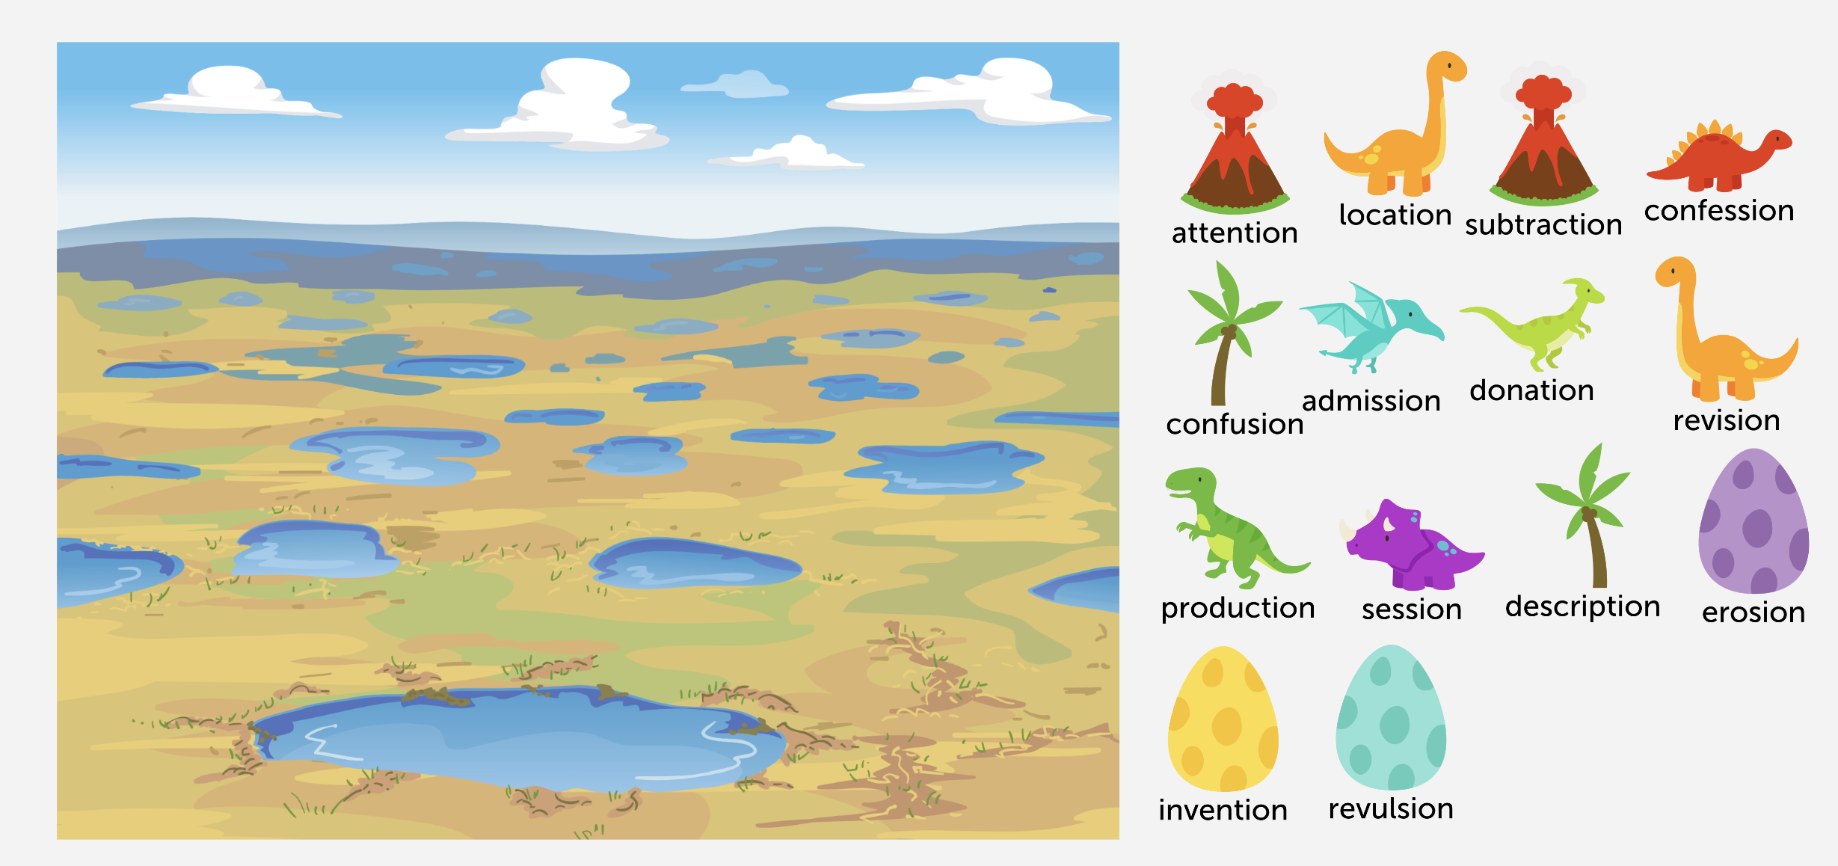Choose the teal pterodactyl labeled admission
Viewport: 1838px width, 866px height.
click(1371, 328)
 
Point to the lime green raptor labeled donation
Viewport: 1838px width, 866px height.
click(1532, 325)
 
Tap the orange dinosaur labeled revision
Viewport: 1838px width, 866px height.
click(1727, 329)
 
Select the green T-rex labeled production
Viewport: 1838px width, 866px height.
click(1238, 528)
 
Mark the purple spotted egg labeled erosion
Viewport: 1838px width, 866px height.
click(1754, 520)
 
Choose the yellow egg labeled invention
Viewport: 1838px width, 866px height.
click(1223, 719)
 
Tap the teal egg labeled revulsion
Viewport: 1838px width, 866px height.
click(1391, 717)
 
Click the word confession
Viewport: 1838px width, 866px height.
click(1719, 211)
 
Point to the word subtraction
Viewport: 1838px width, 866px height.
click(1543, 224)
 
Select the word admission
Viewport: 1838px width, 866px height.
click(1371, 401)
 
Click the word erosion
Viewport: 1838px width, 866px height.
click(1754, 612)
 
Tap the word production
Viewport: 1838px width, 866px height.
click(1238, 609)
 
